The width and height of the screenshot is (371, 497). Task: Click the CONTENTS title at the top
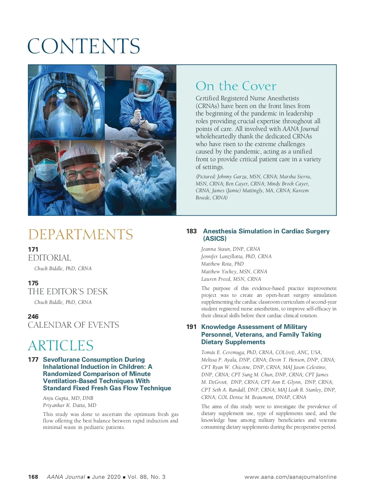84,46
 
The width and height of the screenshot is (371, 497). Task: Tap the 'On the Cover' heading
236,86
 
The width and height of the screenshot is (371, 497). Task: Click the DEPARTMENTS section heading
80,234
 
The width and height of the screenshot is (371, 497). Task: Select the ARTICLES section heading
61,345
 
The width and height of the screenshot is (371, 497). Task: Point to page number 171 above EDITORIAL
33,249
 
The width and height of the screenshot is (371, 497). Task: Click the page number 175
33,283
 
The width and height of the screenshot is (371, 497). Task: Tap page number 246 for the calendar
33,316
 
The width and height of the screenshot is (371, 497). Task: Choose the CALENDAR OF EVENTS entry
73,325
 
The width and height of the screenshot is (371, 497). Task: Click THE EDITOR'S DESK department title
68,292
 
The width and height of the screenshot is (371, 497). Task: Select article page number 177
33,360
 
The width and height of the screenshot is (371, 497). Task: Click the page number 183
191,231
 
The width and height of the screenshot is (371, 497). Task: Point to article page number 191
191,327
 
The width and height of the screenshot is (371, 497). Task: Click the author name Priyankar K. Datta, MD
70,405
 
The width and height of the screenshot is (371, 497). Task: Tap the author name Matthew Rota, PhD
222,264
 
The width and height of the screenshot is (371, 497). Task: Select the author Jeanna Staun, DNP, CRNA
231,249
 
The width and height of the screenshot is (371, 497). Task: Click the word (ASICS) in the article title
215,239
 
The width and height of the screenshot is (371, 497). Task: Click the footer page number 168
33,477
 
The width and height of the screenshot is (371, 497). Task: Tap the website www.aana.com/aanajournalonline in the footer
290,477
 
